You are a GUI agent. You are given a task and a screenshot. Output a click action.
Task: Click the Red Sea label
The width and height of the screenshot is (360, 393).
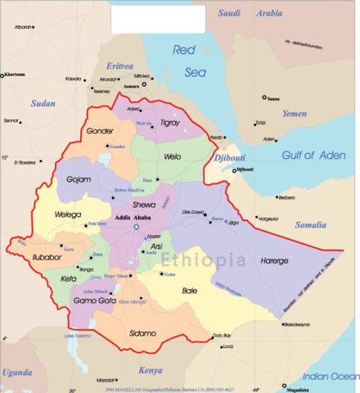pyautogui.click(x=189, y=61)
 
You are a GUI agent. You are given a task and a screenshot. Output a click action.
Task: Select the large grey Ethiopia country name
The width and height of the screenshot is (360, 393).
pyautogui.click(x=203, y=260)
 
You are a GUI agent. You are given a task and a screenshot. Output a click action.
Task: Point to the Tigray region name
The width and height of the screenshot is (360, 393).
pyautogui.click(x=170, y=122)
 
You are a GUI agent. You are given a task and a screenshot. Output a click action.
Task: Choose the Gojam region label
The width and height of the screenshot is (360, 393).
pyautogui.click(x=79, y=178)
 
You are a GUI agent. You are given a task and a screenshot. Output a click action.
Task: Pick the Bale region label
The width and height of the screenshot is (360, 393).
pyautogui.click(x=189, y=290)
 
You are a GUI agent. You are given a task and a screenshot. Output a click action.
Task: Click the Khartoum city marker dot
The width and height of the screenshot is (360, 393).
pyautogui.click(x=3, y=75)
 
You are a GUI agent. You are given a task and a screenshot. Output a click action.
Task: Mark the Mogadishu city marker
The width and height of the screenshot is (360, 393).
pyautogui.click(x=285, y=385)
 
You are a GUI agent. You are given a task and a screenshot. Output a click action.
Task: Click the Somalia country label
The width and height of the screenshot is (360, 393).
pyautogui.click(x=310, y=224)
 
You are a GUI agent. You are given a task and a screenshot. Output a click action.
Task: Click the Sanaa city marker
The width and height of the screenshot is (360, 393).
pyautogui.click(x=264, y=97)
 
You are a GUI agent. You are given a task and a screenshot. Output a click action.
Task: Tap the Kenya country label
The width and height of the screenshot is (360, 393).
pyautogui.click(x=150, y=370)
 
